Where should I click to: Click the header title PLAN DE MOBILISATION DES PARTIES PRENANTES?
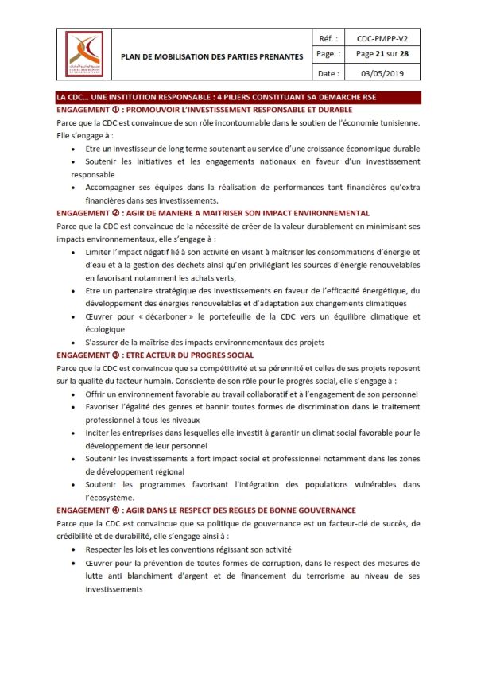point(211,56)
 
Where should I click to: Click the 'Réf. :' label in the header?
point(328,37)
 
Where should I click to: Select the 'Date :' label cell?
point(328,73)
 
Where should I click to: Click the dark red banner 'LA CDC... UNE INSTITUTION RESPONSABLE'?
point(217,97)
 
